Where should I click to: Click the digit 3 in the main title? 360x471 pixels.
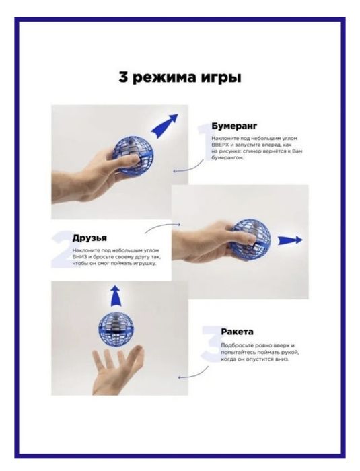point(124,77)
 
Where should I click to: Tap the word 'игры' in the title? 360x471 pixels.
point(221,79)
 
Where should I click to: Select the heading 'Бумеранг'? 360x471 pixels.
point(235,126)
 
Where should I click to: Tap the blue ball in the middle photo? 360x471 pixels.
point(252,240)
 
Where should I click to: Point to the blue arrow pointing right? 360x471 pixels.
point(289,240)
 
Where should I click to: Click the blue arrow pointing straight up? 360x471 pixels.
point(115,295)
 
